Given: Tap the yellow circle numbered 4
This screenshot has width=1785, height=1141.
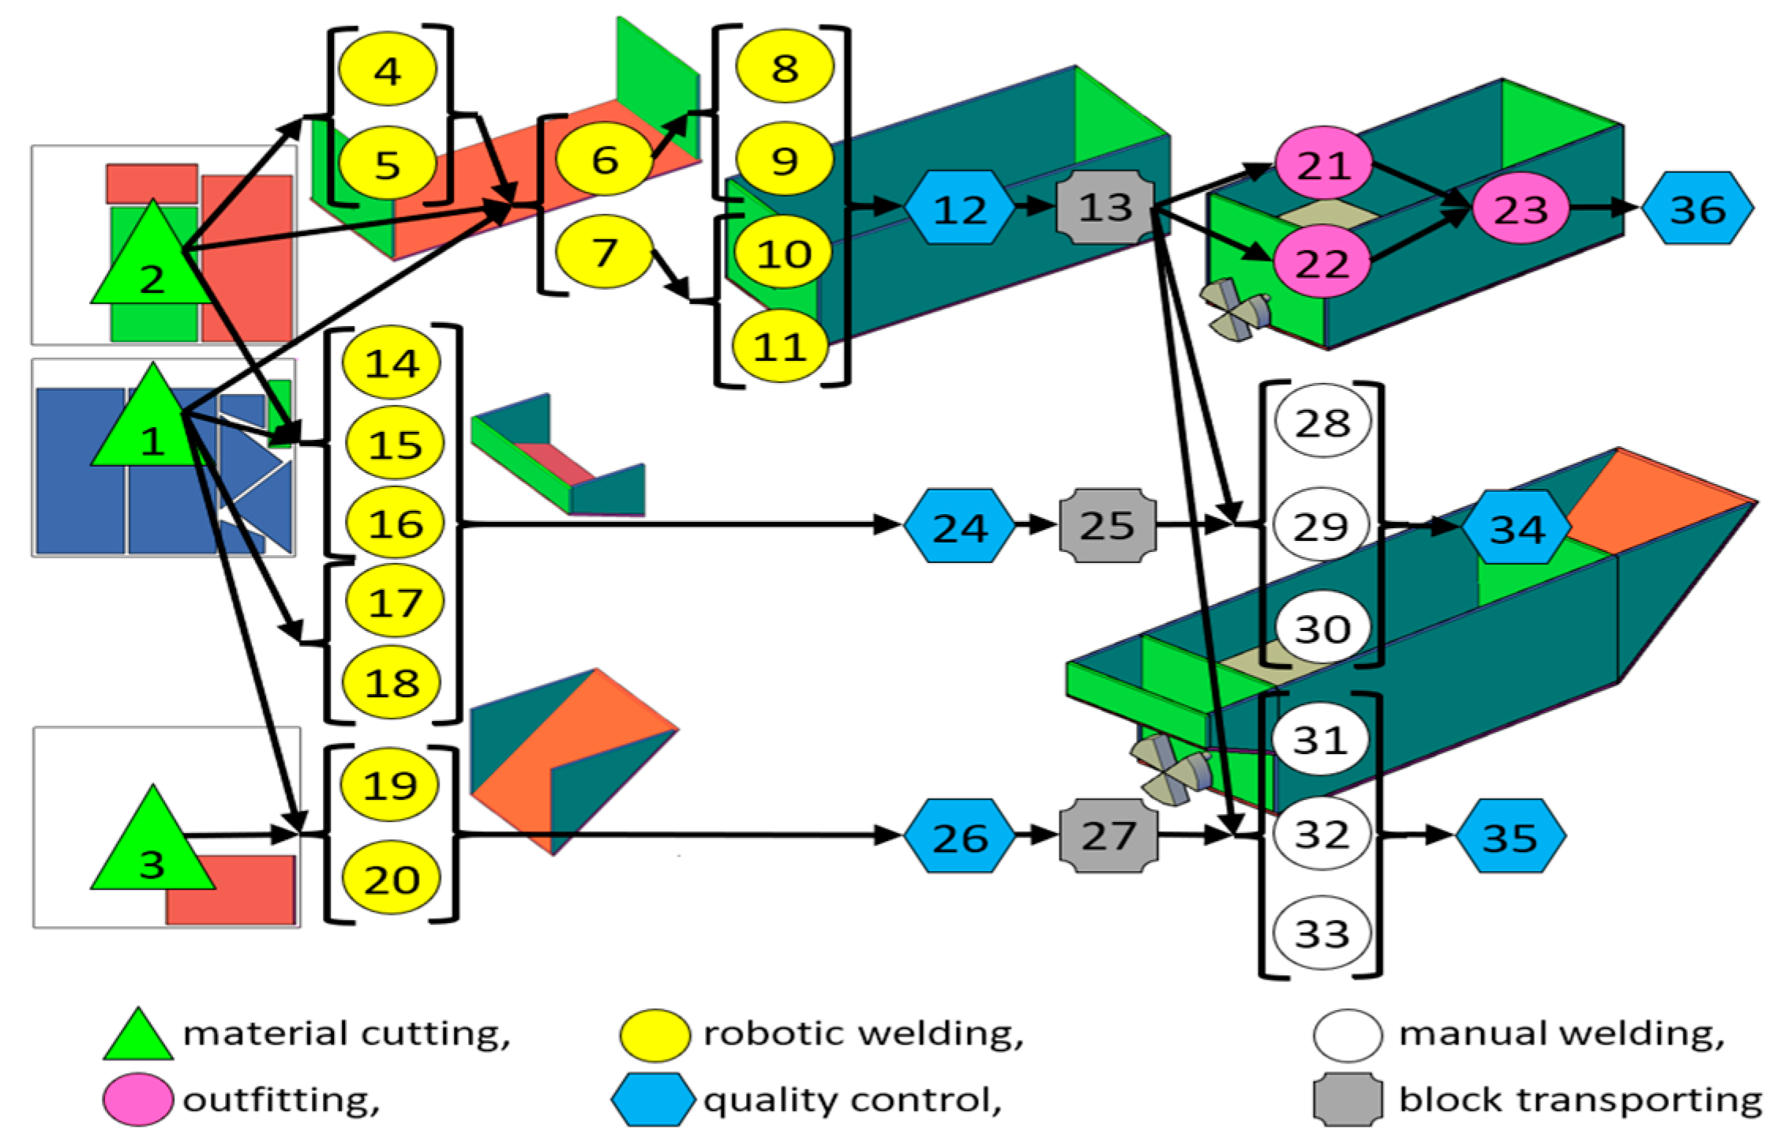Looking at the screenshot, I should (387, 69).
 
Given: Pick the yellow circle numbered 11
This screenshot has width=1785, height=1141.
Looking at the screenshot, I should (780, 346).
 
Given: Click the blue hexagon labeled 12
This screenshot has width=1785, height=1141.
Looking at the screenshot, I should (959, 208).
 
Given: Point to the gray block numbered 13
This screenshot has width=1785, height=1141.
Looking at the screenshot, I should (1105, 207).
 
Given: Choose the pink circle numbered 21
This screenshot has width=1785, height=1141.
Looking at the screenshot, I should (1323, 164).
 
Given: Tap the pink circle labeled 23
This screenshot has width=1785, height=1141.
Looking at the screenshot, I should (1521, 208).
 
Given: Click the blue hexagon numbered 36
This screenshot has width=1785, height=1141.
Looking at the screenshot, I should (1697, 208).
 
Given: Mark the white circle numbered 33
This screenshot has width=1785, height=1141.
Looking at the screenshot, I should (1322, 933).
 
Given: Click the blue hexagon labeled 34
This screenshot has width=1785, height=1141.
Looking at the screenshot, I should (1516, 527).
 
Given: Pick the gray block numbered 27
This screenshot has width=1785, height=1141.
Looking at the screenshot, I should (1108, 835).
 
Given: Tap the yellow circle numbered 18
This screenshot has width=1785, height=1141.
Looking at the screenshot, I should (392, 682).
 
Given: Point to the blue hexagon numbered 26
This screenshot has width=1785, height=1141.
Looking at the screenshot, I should (959, 837).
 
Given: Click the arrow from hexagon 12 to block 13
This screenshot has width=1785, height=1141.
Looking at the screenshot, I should (1035, 207).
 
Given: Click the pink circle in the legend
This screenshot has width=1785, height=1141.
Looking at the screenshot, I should (137, 1098).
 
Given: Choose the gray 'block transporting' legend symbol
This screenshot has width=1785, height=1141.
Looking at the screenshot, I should (1348, 1098).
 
